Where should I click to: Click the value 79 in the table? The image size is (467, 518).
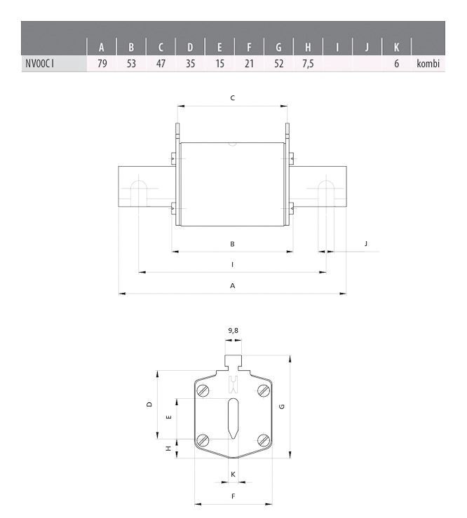pos(102,64)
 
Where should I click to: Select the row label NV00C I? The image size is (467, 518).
pos(39,64)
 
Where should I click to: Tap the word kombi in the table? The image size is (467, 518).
pos(428,64)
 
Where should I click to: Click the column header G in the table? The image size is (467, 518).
pos(278,48)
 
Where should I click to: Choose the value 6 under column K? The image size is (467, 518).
pos(396,64)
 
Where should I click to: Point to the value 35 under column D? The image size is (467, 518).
pos(190,64)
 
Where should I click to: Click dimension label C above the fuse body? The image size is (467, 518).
pos(232,98)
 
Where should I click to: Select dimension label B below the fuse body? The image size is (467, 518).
pos(232,244)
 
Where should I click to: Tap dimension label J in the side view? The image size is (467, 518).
pos(366,244)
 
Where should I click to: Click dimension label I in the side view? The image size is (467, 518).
pos(232,264)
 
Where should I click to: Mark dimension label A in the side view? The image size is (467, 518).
pos(232,285)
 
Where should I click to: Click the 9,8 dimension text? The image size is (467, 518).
pos(233,329)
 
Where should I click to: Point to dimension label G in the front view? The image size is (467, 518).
pos(281,407)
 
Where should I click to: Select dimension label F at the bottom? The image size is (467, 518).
pos(233,496)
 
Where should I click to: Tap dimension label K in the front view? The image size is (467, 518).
pos(233,475)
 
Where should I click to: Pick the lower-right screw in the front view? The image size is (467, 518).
pos(263,439)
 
